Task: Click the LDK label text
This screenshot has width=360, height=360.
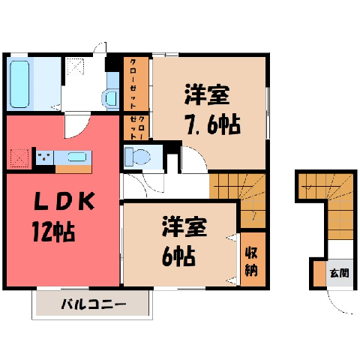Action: point(64,201)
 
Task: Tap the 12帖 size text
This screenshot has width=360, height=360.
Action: point(54,231)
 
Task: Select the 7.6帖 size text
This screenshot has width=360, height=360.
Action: point(213,124)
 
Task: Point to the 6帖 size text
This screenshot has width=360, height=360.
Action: point(178,256)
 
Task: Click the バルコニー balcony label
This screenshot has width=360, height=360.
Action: point(94,304)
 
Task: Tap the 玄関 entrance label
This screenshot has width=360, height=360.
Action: point(339,273)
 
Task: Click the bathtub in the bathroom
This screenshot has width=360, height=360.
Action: point(19,84)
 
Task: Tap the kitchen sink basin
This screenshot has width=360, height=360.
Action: point(77,157)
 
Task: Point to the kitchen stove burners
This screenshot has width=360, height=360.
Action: point(44,157)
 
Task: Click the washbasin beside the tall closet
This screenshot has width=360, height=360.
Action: point(109,99)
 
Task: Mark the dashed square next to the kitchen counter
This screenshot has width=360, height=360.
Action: point(19,158)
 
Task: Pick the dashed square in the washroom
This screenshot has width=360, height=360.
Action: point(76,66)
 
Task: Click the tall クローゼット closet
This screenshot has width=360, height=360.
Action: point(136,84)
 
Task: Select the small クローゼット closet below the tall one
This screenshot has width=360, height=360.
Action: point(136,127)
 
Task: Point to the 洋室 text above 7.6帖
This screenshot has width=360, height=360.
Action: point(207,94)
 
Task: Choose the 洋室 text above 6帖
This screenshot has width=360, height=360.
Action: point(184,226)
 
